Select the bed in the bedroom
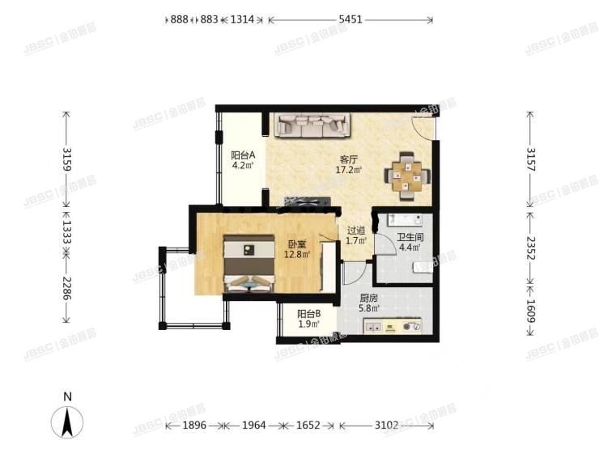(x=249, y=264)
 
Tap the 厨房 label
(x=368, y=298)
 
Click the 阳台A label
(x=243, y=155)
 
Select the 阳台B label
(x=308, y=314)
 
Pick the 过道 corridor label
(x=356, y=230)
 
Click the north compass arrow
(x=69, y=422)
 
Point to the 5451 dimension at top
(x=350, y=19)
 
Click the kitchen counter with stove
(x=393, y=326)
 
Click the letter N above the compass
(x=69, y=397)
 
